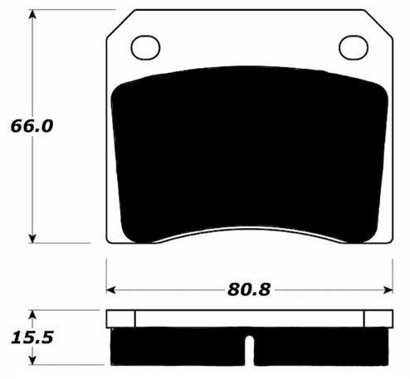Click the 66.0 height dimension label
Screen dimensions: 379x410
click(32, 127)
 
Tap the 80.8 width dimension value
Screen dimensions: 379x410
click(249, 289)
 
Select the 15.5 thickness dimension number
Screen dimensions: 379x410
click(32, 339)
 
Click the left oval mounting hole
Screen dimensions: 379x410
click(146, 47)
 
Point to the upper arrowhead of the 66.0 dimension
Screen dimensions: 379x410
click(32, 16)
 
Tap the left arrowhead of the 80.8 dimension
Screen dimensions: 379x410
click(112, 289)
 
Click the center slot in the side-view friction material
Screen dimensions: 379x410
click(250, 349)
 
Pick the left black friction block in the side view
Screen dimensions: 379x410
click(178, 347)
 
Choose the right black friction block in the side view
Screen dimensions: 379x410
click(319, 347)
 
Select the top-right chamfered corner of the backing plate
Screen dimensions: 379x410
click(383, 23)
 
